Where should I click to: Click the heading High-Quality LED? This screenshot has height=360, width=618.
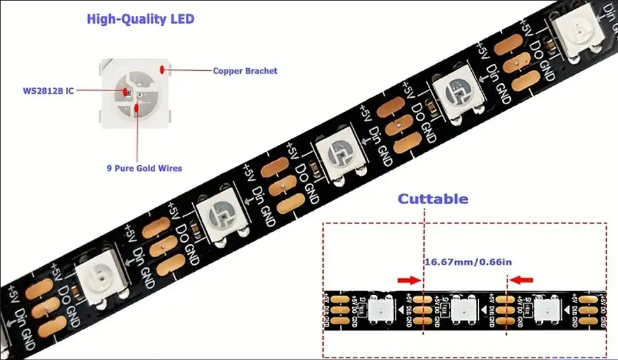[x=140, y=19]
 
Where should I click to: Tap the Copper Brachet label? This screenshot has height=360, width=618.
[x=245, y=71]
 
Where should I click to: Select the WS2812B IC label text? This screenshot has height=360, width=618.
[x=49, y=91]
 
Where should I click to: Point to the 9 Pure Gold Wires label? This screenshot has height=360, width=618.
[x=144, y=169]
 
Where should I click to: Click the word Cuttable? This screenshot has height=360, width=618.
[x=433, y=199]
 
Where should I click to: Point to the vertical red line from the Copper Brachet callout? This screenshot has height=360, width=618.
[x=137, y=137]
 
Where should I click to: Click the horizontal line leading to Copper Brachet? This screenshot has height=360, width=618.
[x=190, y=69]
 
